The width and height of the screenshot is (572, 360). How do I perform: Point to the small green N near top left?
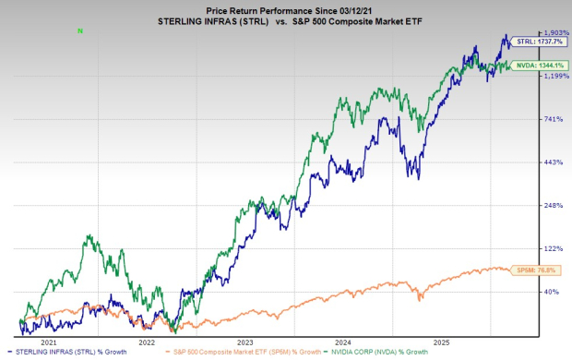[80, 30]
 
